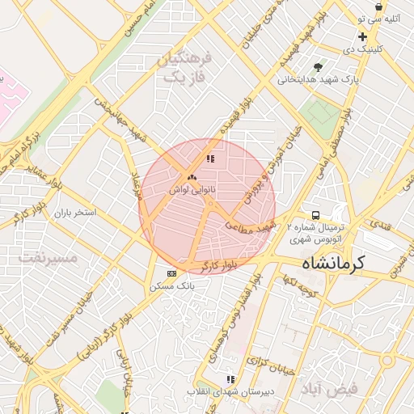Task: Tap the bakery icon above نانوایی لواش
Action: tap(192, 176)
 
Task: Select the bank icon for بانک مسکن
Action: tap(171, 273)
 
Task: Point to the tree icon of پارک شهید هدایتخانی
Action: tap(317, 68)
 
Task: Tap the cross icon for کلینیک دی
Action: tap(362, 36)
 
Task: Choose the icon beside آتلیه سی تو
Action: tap(378, 6)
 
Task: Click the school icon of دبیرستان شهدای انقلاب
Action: tap(230, 378)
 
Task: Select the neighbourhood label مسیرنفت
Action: tap(46, 258)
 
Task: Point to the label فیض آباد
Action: tap(332, 389)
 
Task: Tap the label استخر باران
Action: tap(75, 213)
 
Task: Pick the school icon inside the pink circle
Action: tap(210, 159)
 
